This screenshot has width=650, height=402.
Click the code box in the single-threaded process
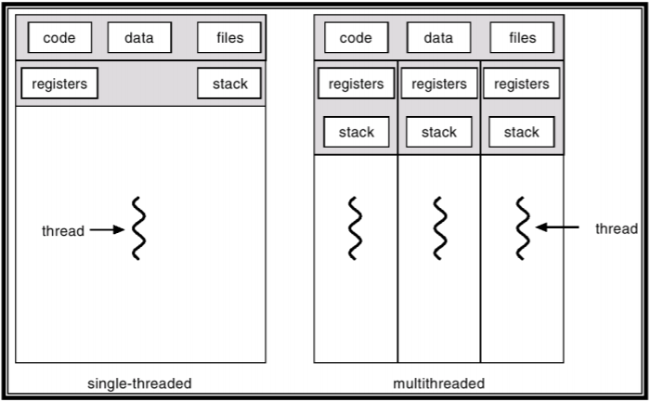tap(58, 38)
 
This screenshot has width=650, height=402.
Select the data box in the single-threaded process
tap(139, 38)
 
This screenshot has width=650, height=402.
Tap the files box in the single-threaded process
tap(229, 38)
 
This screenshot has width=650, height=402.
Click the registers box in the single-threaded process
tap(59, 84)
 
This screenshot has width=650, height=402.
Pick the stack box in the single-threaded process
tap(229, 84)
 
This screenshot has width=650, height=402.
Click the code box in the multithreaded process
tap(356, 38)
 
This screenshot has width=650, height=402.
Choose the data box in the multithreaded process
tap(438, 38)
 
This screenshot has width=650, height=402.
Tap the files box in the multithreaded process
tap(522, 38)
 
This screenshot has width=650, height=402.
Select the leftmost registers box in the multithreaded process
tap(356, 84)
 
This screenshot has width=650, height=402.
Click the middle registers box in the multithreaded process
tap(438, 84)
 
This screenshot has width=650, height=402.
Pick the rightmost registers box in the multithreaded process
tap(522, 84)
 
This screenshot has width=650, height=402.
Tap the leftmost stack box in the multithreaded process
tap(356, 132)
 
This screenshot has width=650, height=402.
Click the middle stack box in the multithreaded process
tap(438, 132)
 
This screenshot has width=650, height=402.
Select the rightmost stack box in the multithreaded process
tap(522, 132)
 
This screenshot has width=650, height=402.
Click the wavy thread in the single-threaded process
tap(138, 228)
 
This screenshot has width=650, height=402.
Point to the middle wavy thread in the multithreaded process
tap(439, 228)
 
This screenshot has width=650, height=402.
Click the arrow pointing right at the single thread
tap(106, 229)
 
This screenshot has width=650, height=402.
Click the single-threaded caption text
tap(140, 383)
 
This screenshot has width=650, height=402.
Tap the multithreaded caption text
tap(439, 383)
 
